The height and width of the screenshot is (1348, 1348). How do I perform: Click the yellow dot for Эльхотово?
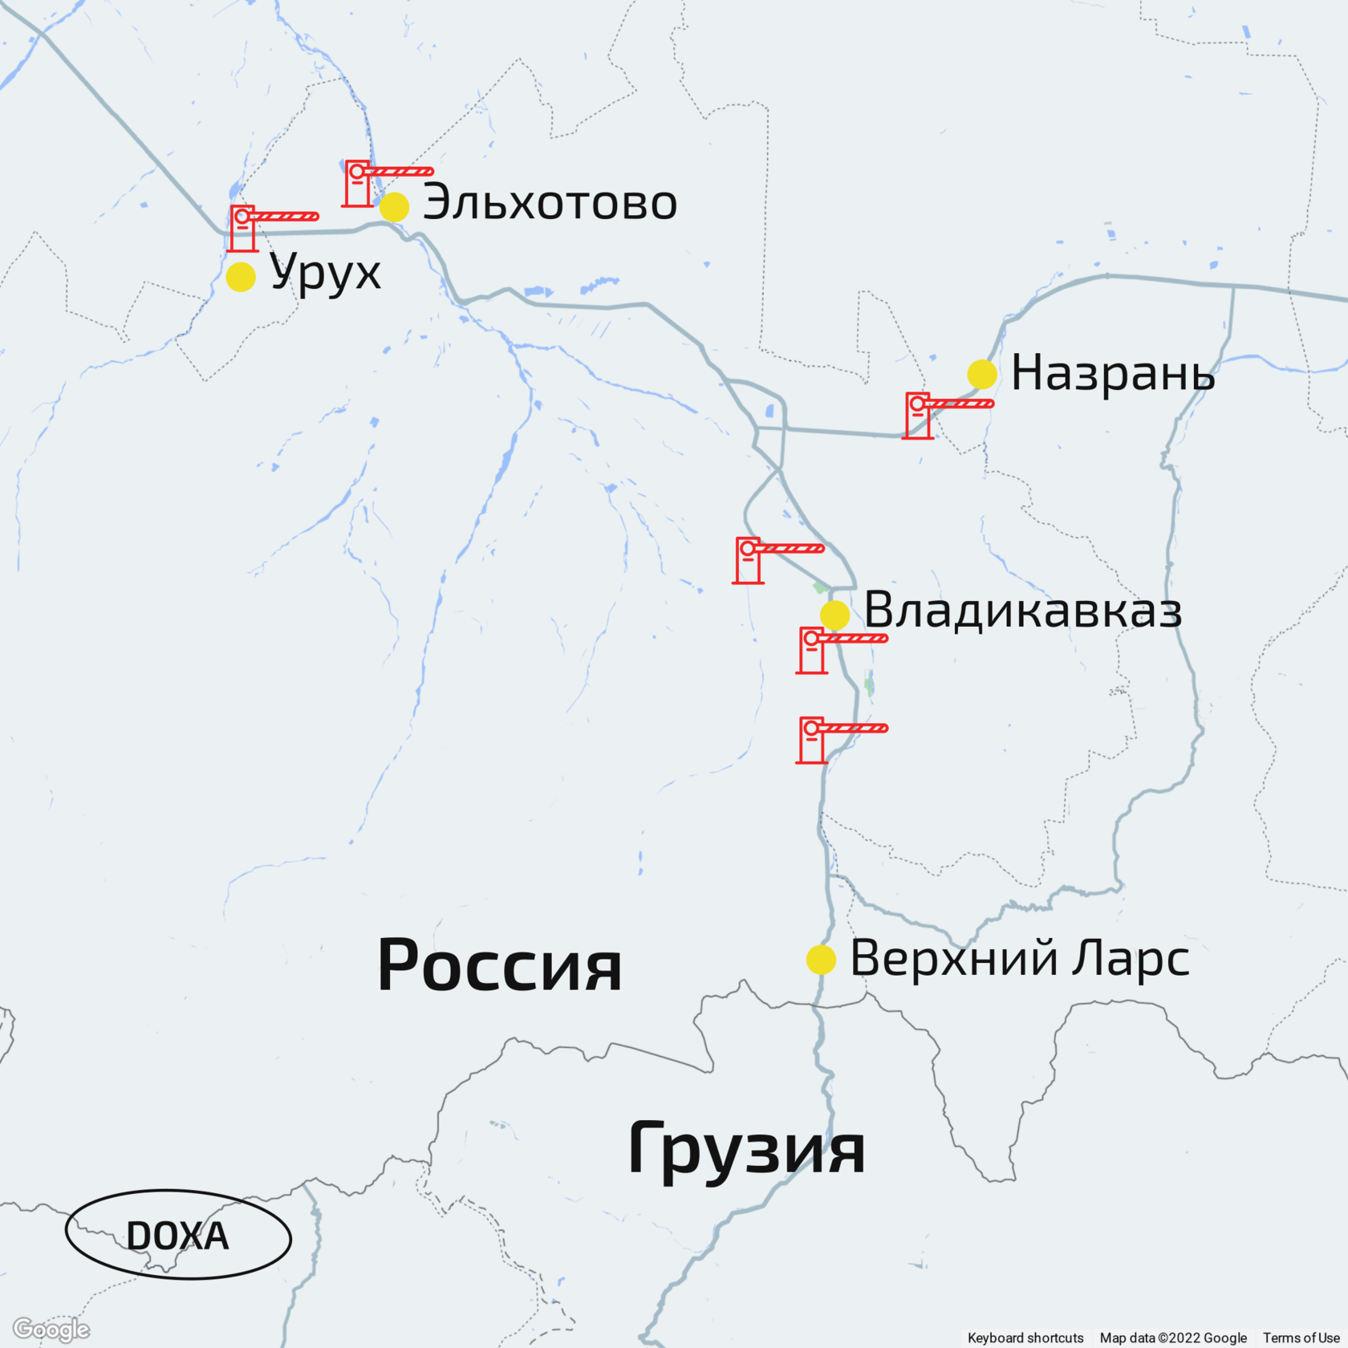click(x=394, y=206)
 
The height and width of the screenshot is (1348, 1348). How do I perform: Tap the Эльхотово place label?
click(x=550, y=202)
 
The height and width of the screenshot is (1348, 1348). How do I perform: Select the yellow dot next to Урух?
click(x=241, y=277)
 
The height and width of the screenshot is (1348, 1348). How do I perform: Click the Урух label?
click(x=325, y=274)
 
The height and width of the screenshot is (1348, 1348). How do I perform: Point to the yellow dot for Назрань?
click(x=982, y=374)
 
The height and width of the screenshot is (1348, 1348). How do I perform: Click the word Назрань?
click(x=1113, y=373)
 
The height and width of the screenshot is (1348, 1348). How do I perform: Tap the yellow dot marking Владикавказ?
click(x=834, y=615)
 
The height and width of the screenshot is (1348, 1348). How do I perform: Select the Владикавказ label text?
click(x=1023, y=610)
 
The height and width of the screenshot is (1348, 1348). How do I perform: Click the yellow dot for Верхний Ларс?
click(x=821, y=960)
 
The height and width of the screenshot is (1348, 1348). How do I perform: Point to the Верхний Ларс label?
click(x=1019, y=958)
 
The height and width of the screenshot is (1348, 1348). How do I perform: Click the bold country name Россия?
click(x=499, y=965)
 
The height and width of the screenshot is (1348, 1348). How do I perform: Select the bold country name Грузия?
click(x=746, y=1149)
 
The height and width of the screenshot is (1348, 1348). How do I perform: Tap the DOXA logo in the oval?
click(x=177, y=1236)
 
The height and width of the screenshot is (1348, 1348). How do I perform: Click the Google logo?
click(x=51, y=1330)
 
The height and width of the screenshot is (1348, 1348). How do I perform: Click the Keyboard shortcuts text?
click(x=1025, y=1338)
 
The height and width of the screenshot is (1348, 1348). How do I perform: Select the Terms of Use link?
click(x=1301, y=1338)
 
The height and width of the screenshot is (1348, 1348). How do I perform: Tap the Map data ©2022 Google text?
click(x=1172, y=1338)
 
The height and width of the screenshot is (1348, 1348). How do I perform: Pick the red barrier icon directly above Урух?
click(x=265, y=228)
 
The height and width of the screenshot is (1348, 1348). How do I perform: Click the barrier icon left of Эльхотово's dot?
click(x=377, y=183)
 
